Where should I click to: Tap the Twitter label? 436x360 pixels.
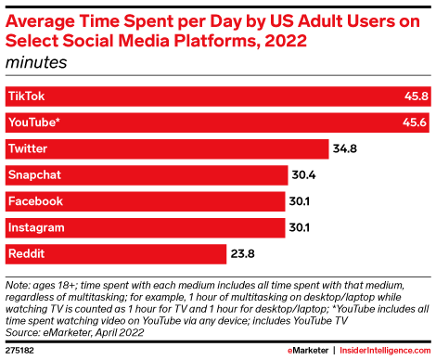point(27,148)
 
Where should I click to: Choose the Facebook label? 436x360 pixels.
point(33,200)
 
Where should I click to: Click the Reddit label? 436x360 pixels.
point(26,252)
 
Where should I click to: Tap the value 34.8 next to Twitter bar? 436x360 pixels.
point(346,148)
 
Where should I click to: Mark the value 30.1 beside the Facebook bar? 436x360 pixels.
point(301,200)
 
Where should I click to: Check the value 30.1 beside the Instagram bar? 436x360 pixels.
point(301,226)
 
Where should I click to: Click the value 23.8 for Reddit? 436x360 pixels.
point(243,252)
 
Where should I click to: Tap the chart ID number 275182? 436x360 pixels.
point(20,351)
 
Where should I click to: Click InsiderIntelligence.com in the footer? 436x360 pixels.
point(381,351)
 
